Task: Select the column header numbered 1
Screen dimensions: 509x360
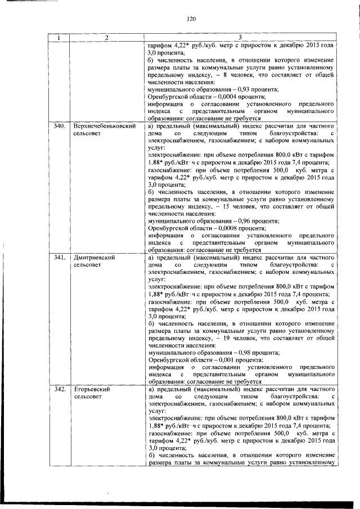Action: (60, 38)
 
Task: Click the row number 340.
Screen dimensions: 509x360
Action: (60, 127)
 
